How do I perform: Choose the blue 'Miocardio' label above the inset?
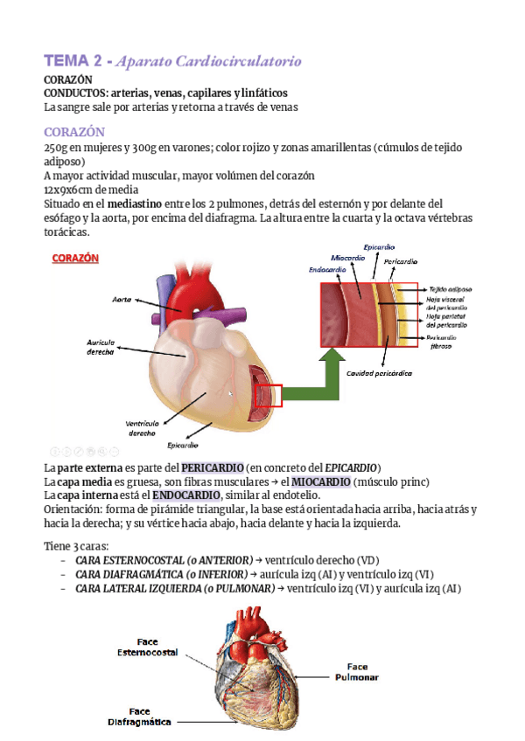coord(348,259)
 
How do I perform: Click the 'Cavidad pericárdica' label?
coord(379,373)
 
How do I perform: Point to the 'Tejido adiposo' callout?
coord(451,289)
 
